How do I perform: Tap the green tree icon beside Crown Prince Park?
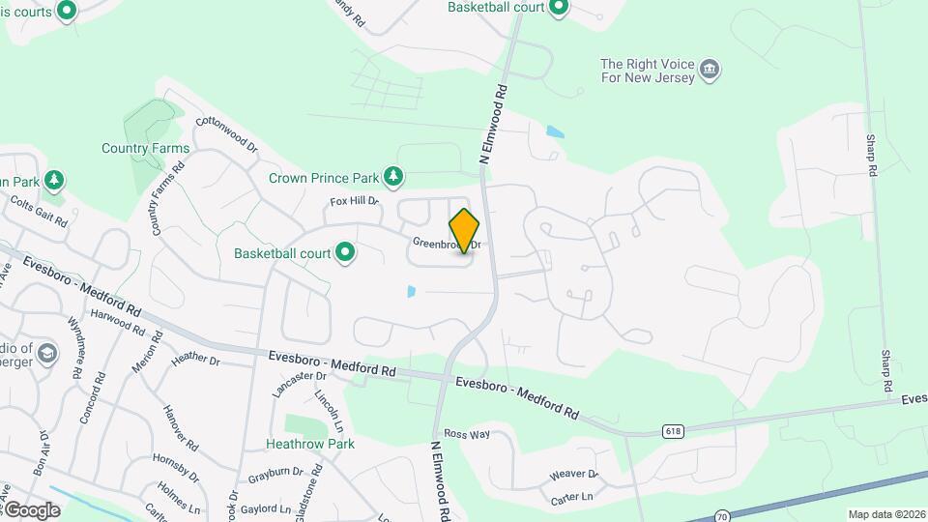pyautogui.click(x=392, y=176)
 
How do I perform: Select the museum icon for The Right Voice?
pyautogui.click(x=710, y=69)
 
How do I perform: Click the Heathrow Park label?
pyautogui.click(x=310, y=444)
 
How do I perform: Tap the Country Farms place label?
pyautogui.click(x=145, y=149)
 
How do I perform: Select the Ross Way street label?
pyautogui.click(x=468, y=434)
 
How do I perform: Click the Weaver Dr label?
pyautogui.click(x=574, y=475)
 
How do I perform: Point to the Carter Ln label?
pyautogui.click(x=570, y=498)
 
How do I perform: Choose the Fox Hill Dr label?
pyautogui.click(x=354, y=201)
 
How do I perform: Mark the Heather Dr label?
pyautogui.click(x=195, y=359)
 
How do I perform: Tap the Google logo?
pyautogui.click(x=31, y=509)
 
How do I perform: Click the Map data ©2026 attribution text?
pyautogui.click(x=885, y=514)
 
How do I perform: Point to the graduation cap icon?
pyautogui.click(x=46, y=355)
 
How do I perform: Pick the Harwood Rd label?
pyautogui.click(x=117, y=321)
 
